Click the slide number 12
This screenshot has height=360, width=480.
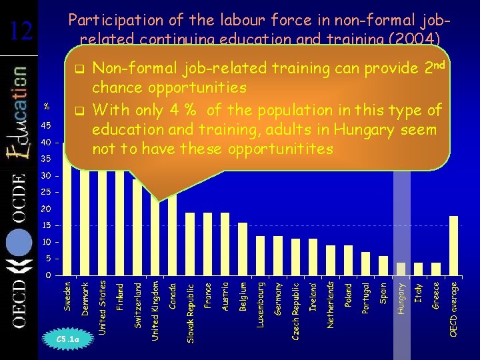(22, 31)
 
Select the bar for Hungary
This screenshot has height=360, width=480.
(401, 268)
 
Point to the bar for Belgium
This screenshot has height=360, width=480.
(243, 249)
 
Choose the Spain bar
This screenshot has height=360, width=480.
(383, 265)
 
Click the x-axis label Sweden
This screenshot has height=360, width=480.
(67, 295)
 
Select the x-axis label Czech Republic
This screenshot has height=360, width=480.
(295, 310)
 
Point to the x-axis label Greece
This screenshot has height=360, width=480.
(436, 295)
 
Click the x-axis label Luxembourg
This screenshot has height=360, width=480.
(261, 303)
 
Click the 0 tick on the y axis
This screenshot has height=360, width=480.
(47, 275)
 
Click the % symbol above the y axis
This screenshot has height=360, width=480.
(47, 106)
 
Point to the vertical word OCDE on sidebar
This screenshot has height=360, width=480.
(19, 205)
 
